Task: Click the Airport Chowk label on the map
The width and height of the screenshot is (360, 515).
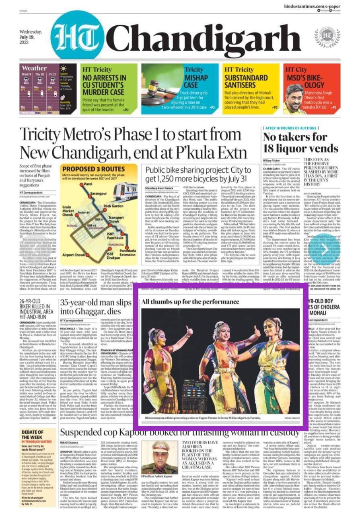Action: (x=74, y=255)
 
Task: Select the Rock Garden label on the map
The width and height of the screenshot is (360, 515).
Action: (x=113, y=206)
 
